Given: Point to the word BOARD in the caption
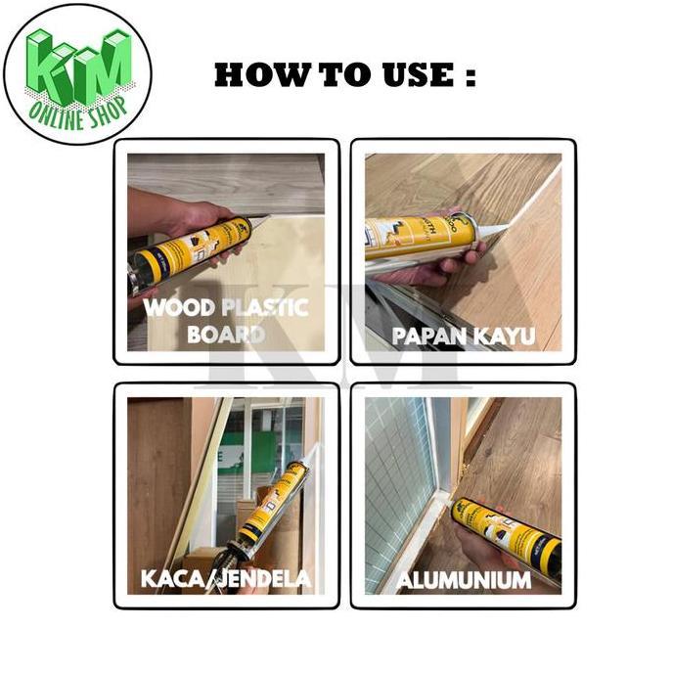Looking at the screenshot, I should pyautogui.click(x=226, y=334).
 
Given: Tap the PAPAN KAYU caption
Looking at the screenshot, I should pyautogui.click(x=463, y=336).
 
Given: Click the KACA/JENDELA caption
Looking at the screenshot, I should pyautogui.click(x=226, y=578).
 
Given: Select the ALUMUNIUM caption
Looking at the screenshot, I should pyautogui.click(x=464, y=580).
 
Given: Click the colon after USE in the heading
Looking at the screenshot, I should pyautogui.click(x=470, y=76).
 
